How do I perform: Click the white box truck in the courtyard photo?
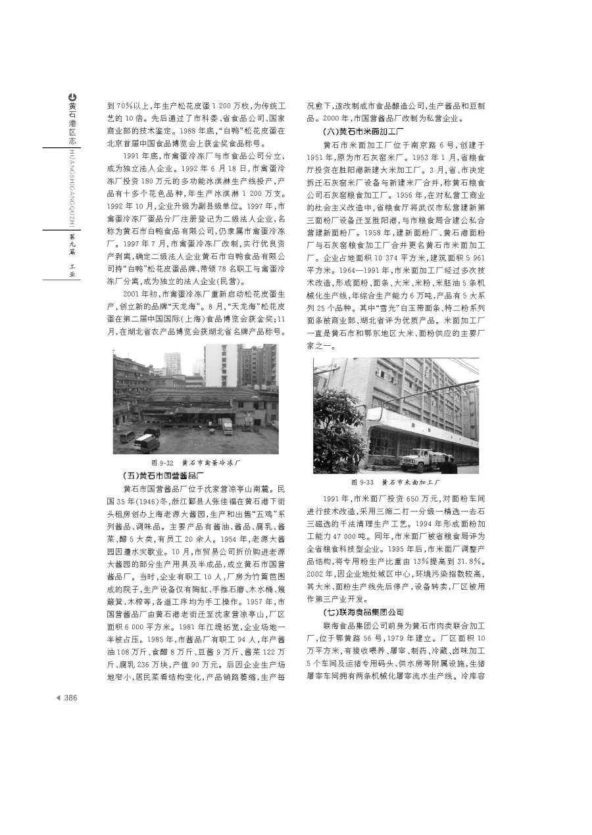226,425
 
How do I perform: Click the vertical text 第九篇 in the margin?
71,239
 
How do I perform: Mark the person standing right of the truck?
449,464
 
